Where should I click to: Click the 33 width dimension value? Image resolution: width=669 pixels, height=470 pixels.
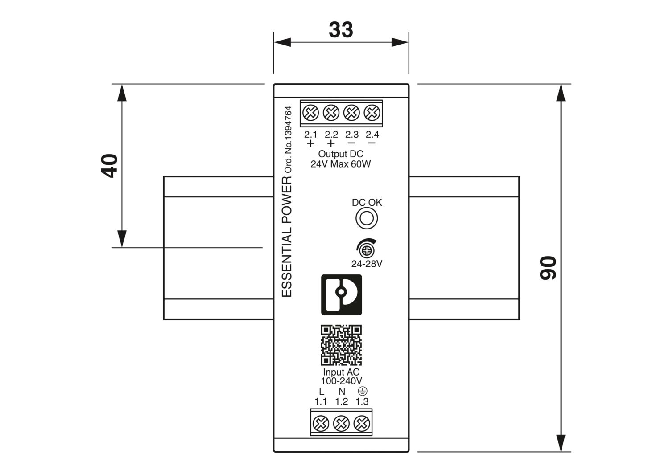pos(341,30)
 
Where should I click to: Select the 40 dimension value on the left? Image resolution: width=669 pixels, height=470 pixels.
pos(110,166)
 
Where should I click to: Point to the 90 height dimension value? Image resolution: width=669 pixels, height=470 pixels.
pos(548,268)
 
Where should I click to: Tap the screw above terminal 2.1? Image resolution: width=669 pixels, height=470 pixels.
pos(310,113)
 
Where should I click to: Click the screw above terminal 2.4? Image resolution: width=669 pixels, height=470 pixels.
pos(372,113)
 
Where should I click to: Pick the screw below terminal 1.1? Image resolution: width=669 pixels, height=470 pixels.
pos(321,423)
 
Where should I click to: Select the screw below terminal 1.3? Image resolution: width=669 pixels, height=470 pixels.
pos(362,423)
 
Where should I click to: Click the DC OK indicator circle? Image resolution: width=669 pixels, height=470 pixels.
pos(367,218)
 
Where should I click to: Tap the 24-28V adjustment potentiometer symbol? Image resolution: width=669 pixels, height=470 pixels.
pos(367,248)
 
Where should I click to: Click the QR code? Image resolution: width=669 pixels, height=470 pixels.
pos(341,345)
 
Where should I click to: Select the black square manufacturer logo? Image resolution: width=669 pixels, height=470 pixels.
pos(342,294)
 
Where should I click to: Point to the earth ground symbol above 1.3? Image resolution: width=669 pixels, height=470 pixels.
pos(363,391)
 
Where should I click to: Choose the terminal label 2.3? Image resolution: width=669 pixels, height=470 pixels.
pos(351,134)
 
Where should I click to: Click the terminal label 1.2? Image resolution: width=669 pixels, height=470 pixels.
pos(342,401)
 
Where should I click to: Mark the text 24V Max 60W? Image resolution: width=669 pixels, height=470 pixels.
pos(340,164)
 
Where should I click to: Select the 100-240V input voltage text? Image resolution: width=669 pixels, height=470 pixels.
pos(341,381)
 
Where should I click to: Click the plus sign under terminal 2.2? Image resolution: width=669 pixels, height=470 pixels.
pos(330,143)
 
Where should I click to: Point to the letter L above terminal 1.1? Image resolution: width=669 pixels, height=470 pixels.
pos(322,392)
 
